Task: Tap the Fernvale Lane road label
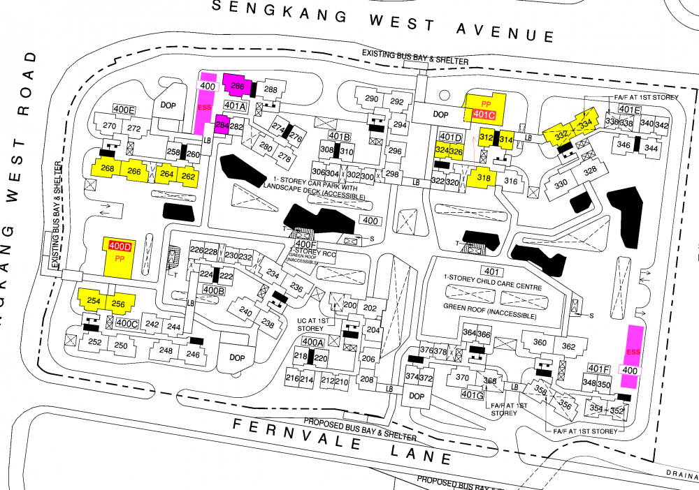click(343, 440)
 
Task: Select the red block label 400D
click(120, 246)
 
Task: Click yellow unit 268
click(108, 169)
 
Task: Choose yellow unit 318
click(483, 178)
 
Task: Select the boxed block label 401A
click(236, 106)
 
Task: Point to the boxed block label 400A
click(312, 341)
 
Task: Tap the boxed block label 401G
click(473, 394)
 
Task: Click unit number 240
click(245, 311)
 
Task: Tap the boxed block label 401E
click(630, 109)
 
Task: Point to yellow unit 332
click(561, 135)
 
